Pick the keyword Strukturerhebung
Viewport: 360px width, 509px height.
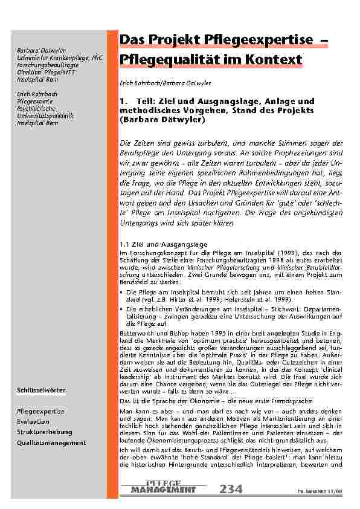point(45,432)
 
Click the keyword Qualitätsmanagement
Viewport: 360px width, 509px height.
point(51,443)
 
